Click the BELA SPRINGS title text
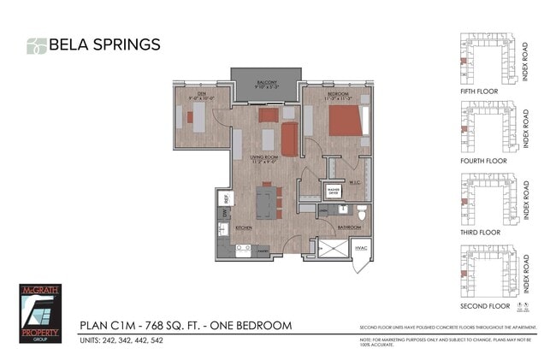(104, 44)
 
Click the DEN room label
(202, 94)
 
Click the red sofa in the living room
(289, 139)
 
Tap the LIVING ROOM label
(264, 157)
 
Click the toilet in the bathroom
(362, 210)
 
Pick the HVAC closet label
(361, 248)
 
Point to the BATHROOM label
(347, 227)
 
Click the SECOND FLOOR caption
(485, 305)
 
